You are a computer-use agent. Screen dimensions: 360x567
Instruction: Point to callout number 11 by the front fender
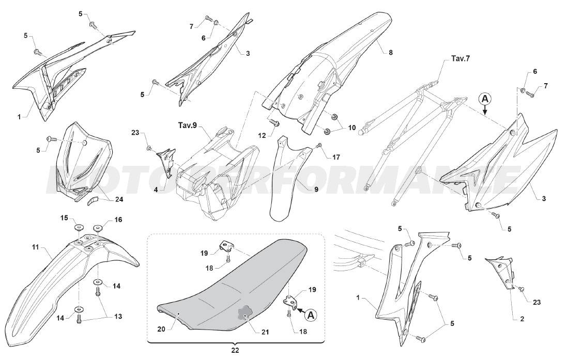(x=35, y=247)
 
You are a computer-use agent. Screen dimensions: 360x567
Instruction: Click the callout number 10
(x=352, y=128)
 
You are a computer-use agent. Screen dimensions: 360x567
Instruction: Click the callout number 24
(x=119, y=199)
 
